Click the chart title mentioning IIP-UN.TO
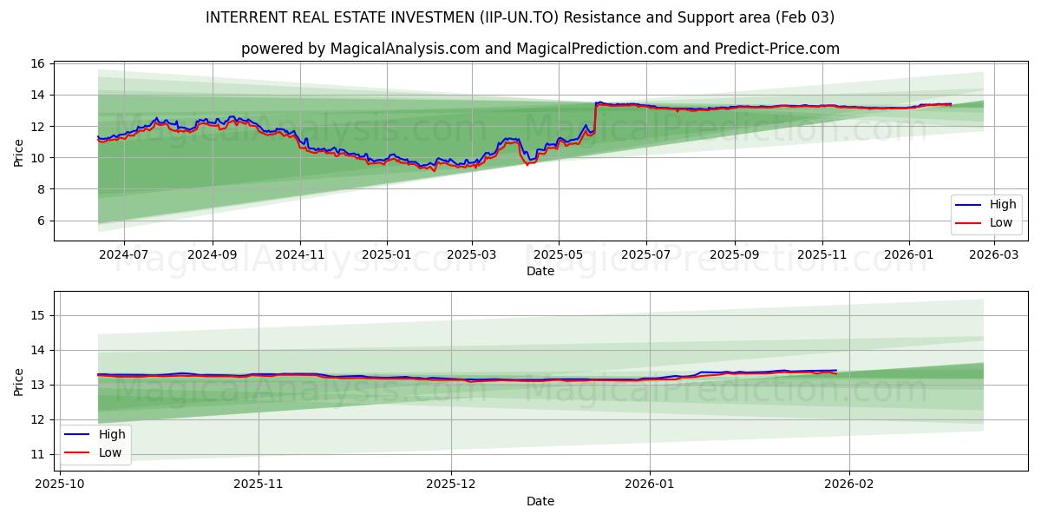pos(520,17)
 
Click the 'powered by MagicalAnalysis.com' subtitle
pos(540,49)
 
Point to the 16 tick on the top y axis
pos(37,63)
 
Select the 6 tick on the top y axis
pos(37,221)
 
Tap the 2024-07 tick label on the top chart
pos(124,255)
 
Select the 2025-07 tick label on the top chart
pos(646,255)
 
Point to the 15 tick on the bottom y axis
pos(37,315)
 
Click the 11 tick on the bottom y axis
pos(37,454)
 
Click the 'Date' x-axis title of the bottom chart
pos(540,501)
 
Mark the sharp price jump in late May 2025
pos(595,117)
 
